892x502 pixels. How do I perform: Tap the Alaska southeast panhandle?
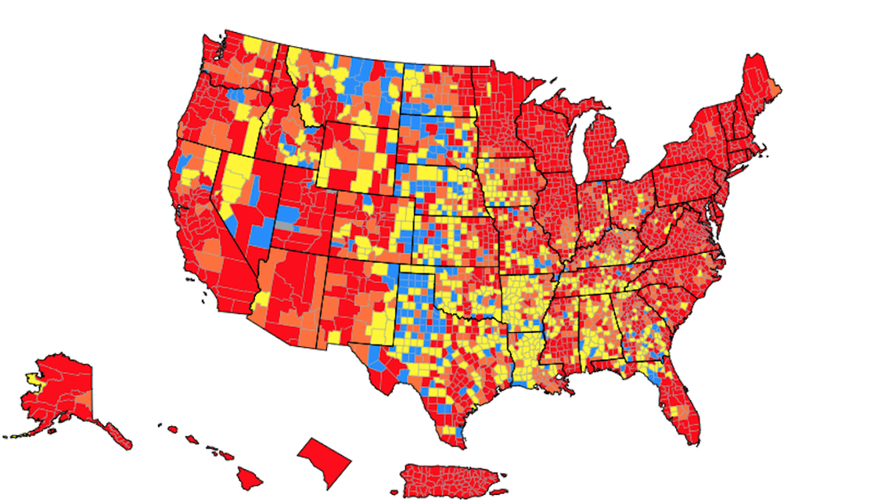click(117, 432)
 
